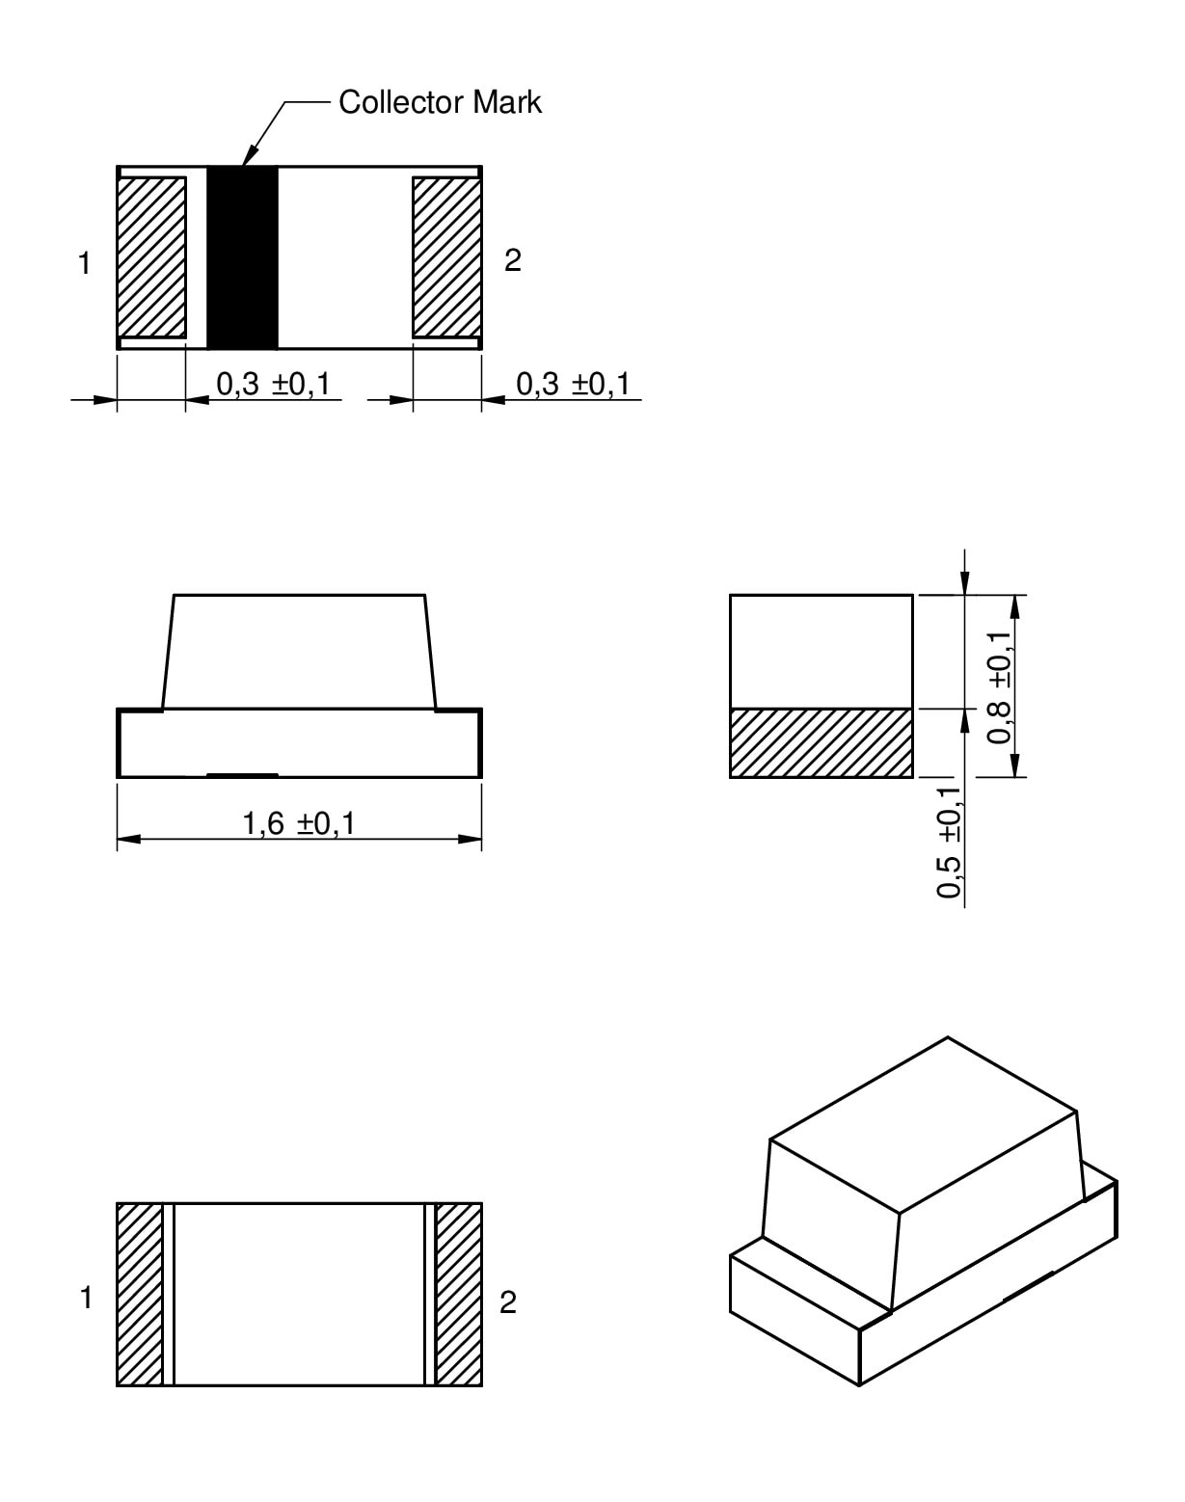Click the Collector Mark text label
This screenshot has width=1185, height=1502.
pos(440,102)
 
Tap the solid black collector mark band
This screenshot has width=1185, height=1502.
pos(242,257)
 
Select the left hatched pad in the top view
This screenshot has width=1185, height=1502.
pos(151,257)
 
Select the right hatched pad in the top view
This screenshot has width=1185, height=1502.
pos(447,257)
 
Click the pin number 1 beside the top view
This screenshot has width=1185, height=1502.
pos(85,264)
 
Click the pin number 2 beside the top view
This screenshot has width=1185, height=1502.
pos(513,260)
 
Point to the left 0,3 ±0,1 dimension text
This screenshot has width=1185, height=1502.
pos(273,384)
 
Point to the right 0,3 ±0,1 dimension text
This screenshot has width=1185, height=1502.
pos(573,384)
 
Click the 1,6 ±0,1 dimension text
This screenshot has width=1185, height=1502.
pos(298,823)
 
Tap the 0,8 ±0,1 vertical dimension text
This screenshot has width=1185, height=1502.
pos(1000,687)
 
